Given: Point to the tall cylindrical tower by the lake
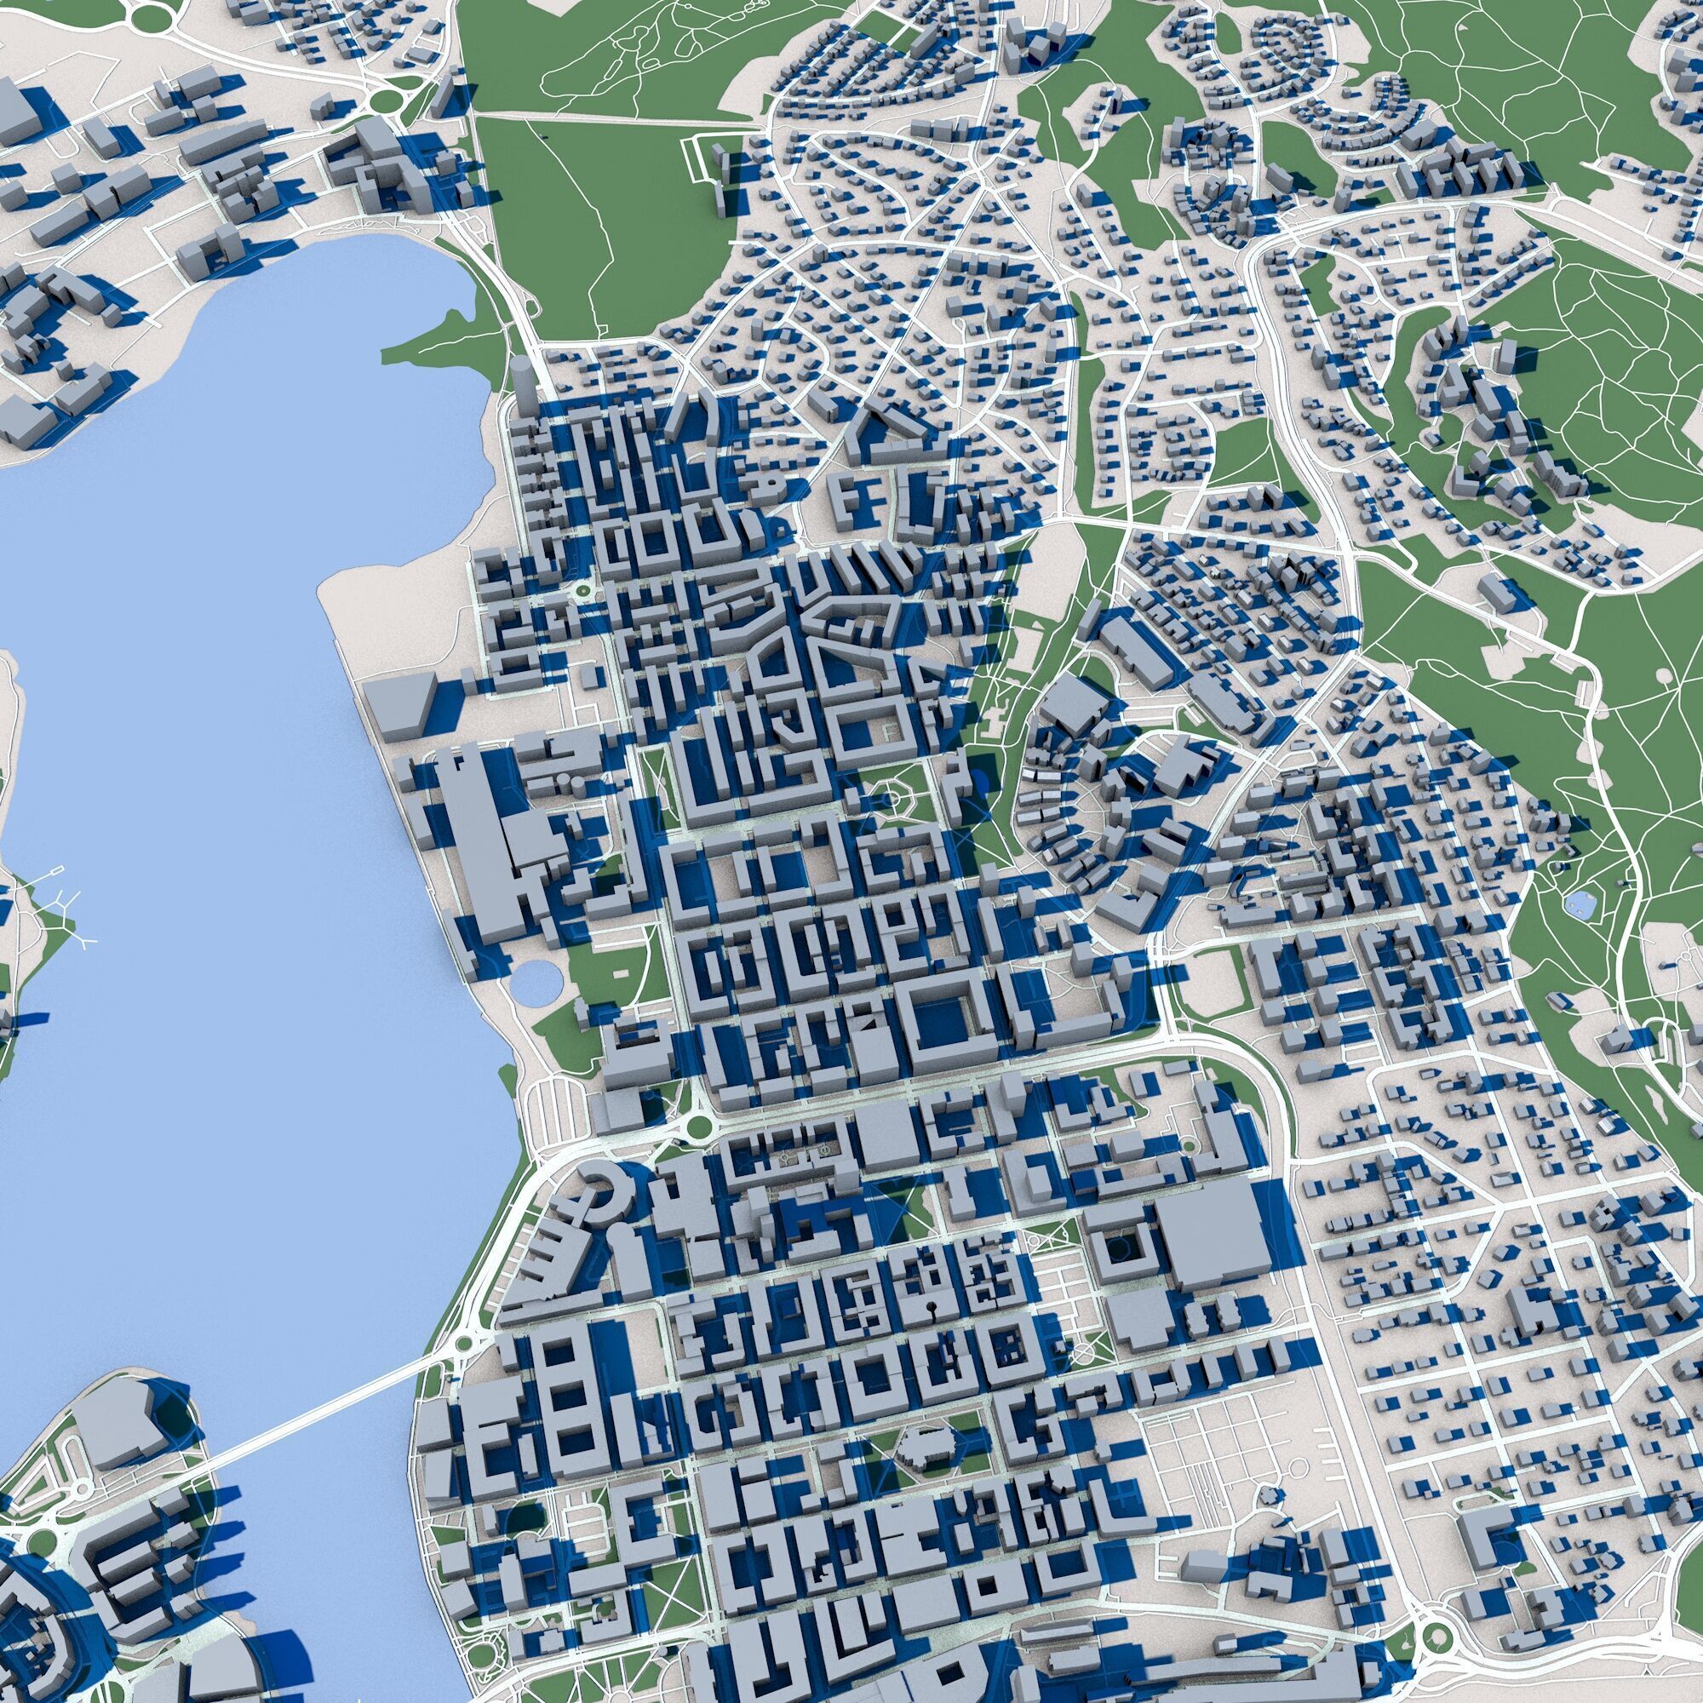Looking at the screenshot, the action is pos(523,387).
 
